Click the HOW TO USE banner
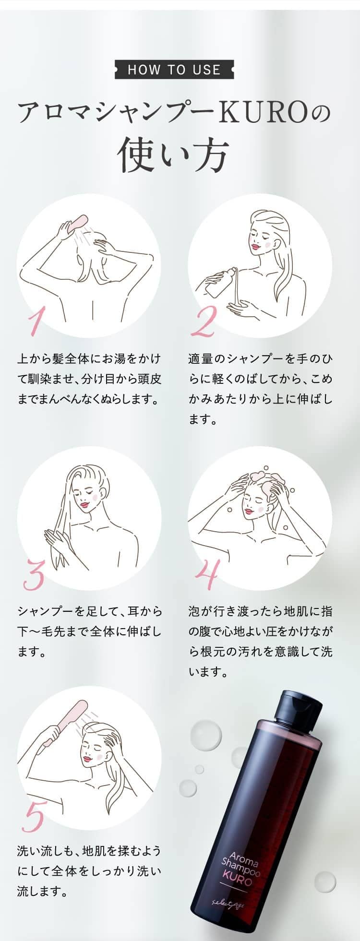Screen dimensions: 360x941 (174, 70)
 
